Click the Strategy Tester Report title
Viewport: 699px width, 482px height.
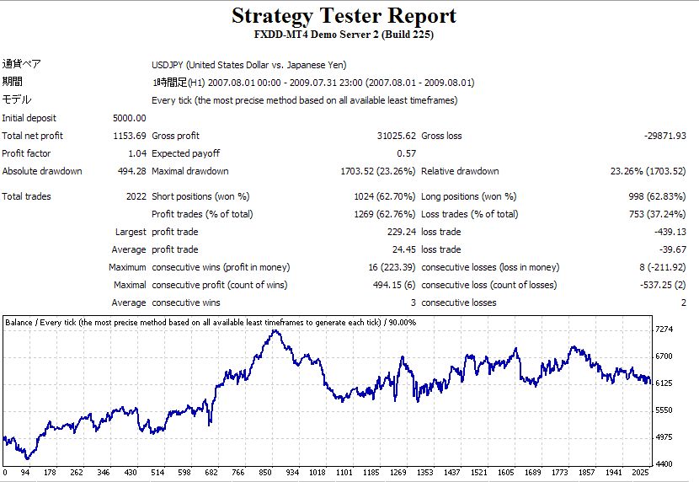344,15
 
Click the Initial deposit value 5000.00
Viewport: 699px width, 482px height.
129,118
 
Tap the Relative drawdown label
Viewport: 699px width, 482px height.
460,171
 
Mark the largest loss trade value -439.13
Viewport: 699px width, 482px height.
668,232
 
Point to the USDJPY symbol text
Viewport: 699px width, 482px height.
167,65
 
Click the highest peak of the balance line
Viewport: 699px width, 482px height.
275,330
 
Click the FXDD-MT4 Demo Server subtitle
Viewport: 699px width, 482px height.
344,35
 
